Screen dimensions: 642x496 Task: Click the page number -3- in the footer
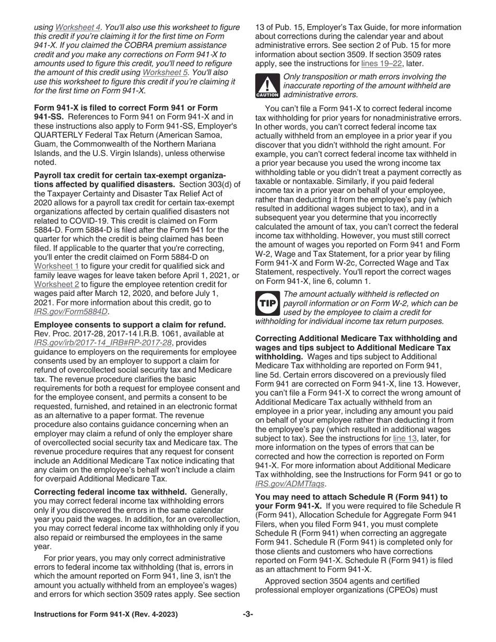pos(247,614)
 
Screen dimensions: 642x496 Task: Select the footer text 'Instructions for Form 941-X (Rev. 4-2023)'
pos(105,614)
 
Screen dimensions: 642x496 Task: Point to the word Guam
pos(46,145)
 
